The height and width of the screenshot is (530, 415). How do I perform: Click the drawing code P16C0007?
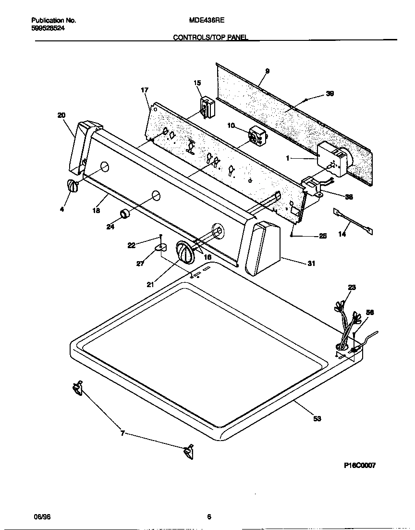(x=360, y=466)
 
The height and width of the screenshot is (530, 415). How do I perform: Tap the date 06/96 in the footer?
(x=42, y=517)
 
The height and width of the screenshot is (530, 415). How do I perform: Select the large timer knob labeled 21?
(x=184, y=252)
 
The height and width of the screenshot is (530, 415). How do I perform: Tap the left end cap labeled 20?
(x=82, y=147)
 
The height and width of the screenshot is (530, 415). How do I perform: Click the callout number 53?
(x=317, y=419)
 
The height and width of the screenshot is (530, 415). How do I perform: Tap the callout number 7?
(x=122, y=433)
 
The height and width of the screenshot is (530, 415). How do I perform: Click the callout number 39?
(x=330, y=94)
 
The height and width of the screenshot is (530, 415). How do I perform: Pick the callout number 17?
(x=145, y=90)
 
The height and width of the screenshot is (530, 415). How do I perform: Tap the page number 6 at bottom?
(x=209, y=517)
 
